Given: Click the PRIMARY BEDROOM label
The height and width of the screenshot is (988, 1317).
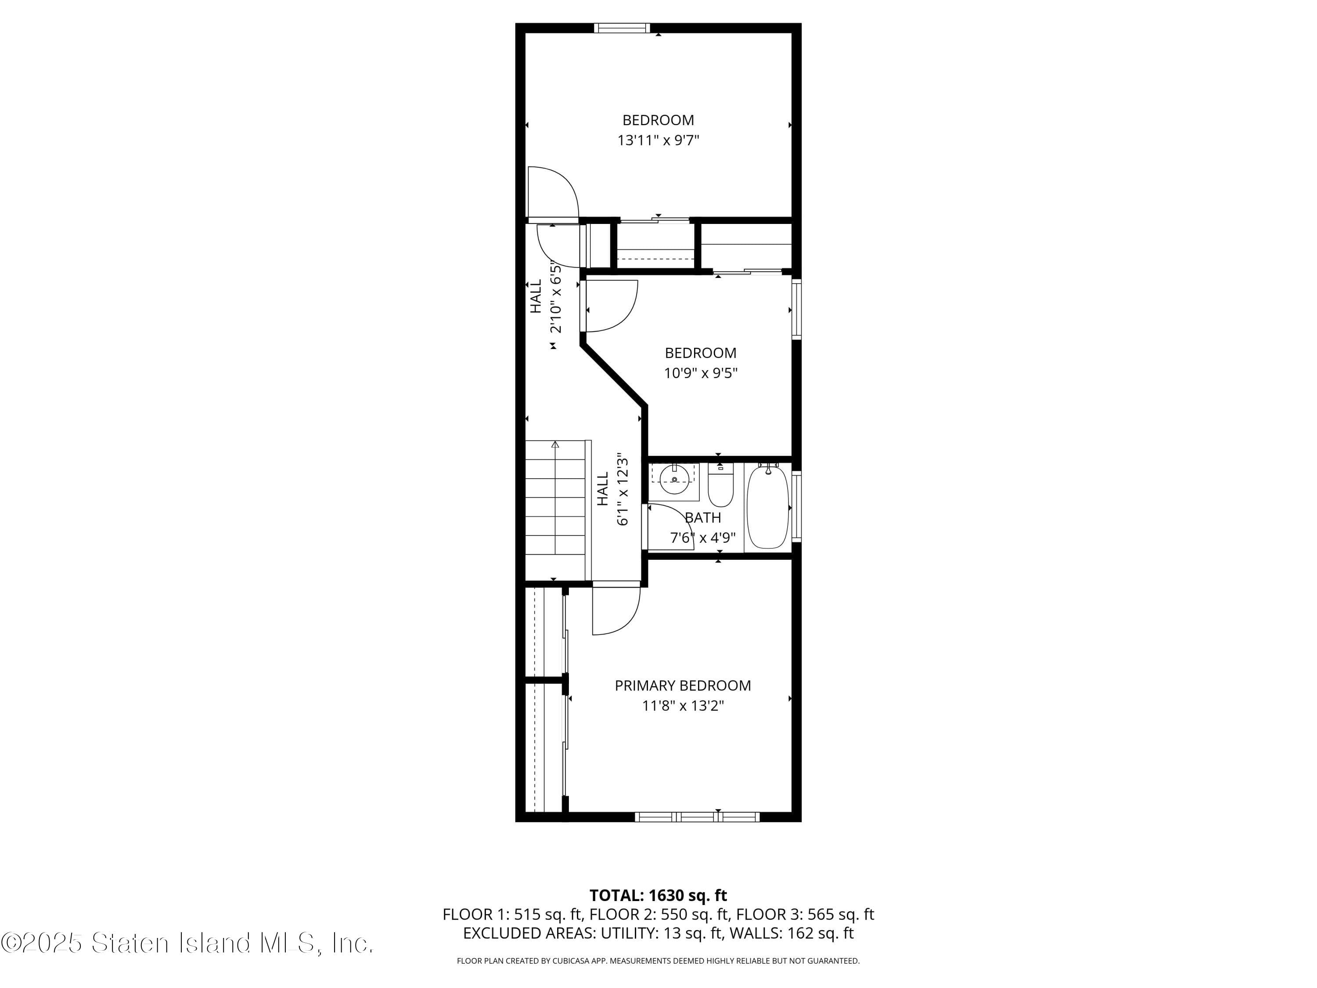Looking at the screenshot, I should pyautogui.click(x=682, y=685).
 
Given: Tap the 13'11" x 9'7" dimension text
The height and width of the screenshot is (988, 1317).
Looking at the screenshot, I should pyautogui.click(x=658, y=141).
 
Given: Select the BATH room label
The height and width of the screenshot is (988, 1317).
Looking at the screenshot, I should pyautogui.click(x=702, y=518).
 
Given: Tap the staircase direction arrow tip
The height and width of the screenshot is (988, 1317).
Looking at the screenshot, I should pyautogui.click(x=555, y=444).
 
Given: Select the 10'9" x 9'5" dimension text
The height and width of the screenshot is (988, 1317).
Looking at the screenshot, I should pyautogui.click(x=701, y=373).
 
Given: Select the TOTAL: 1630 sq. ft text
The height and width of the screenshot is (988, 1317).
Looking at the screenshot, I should pyautogui.click(x=658, y=895).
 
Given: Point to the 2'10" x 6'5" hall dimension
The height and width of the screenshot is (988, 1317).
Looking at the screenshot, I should pyautogui.click(x=555, y=296).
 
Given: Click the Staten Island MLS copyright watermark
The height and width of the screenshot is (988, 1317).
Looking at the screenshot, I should pyautogui.click(x=187, y=943).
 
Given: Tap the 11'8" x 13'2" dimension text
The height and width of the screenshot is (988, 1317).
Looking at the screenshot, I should pyautogui.click(x=682, y=706).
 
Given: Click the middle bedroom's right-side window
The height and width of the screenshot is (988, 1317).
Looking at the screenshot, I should pyautogui.click(x=796, y=309).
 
